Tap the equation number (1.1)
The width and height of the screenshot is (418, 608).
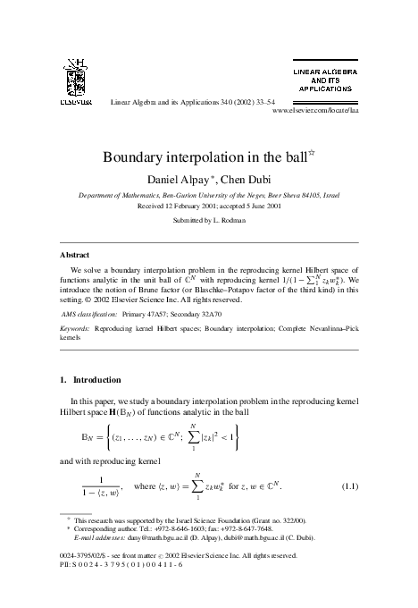(349, 486)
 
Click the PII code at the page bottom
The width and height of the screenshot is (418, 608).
(112, 565)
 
